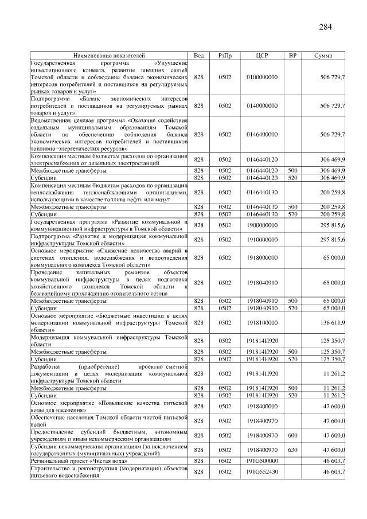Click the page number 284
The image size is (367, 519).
(x=325, y=27)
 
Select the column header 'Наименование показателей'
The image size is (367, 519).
(x=110, y=55)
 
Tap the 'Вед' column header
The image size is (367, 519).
(x=199, y=55)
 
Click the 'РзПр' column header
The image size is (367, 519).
(x=224, y=55)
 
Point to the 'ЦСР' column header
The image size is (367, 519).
(x=262, y=55)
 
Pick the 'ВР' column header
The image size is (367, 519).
(x=292, y=55)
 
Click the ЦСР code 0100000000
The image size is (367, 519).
(x=262, y=76)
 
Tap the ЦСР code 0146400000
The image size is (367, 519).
(x=262, y=134)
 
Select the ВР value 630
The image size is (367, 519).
(x=292, y=450)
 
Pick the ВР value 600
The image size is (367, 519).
(x=292, y=435)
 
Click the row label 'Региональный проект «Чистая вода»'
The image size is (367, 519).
(x=75, y=461)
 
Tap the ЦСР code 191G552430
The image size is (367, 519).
(x=262, y=471)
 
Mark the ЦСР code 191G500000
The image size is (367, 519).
(x=262, y=461)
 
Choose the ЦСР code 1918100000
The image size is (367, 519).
(x=262, y=323)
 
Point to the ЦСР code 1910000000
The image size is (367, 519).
(x=262, y=239)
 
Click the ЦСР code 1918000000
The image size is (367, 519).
(x=262, y=258)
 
